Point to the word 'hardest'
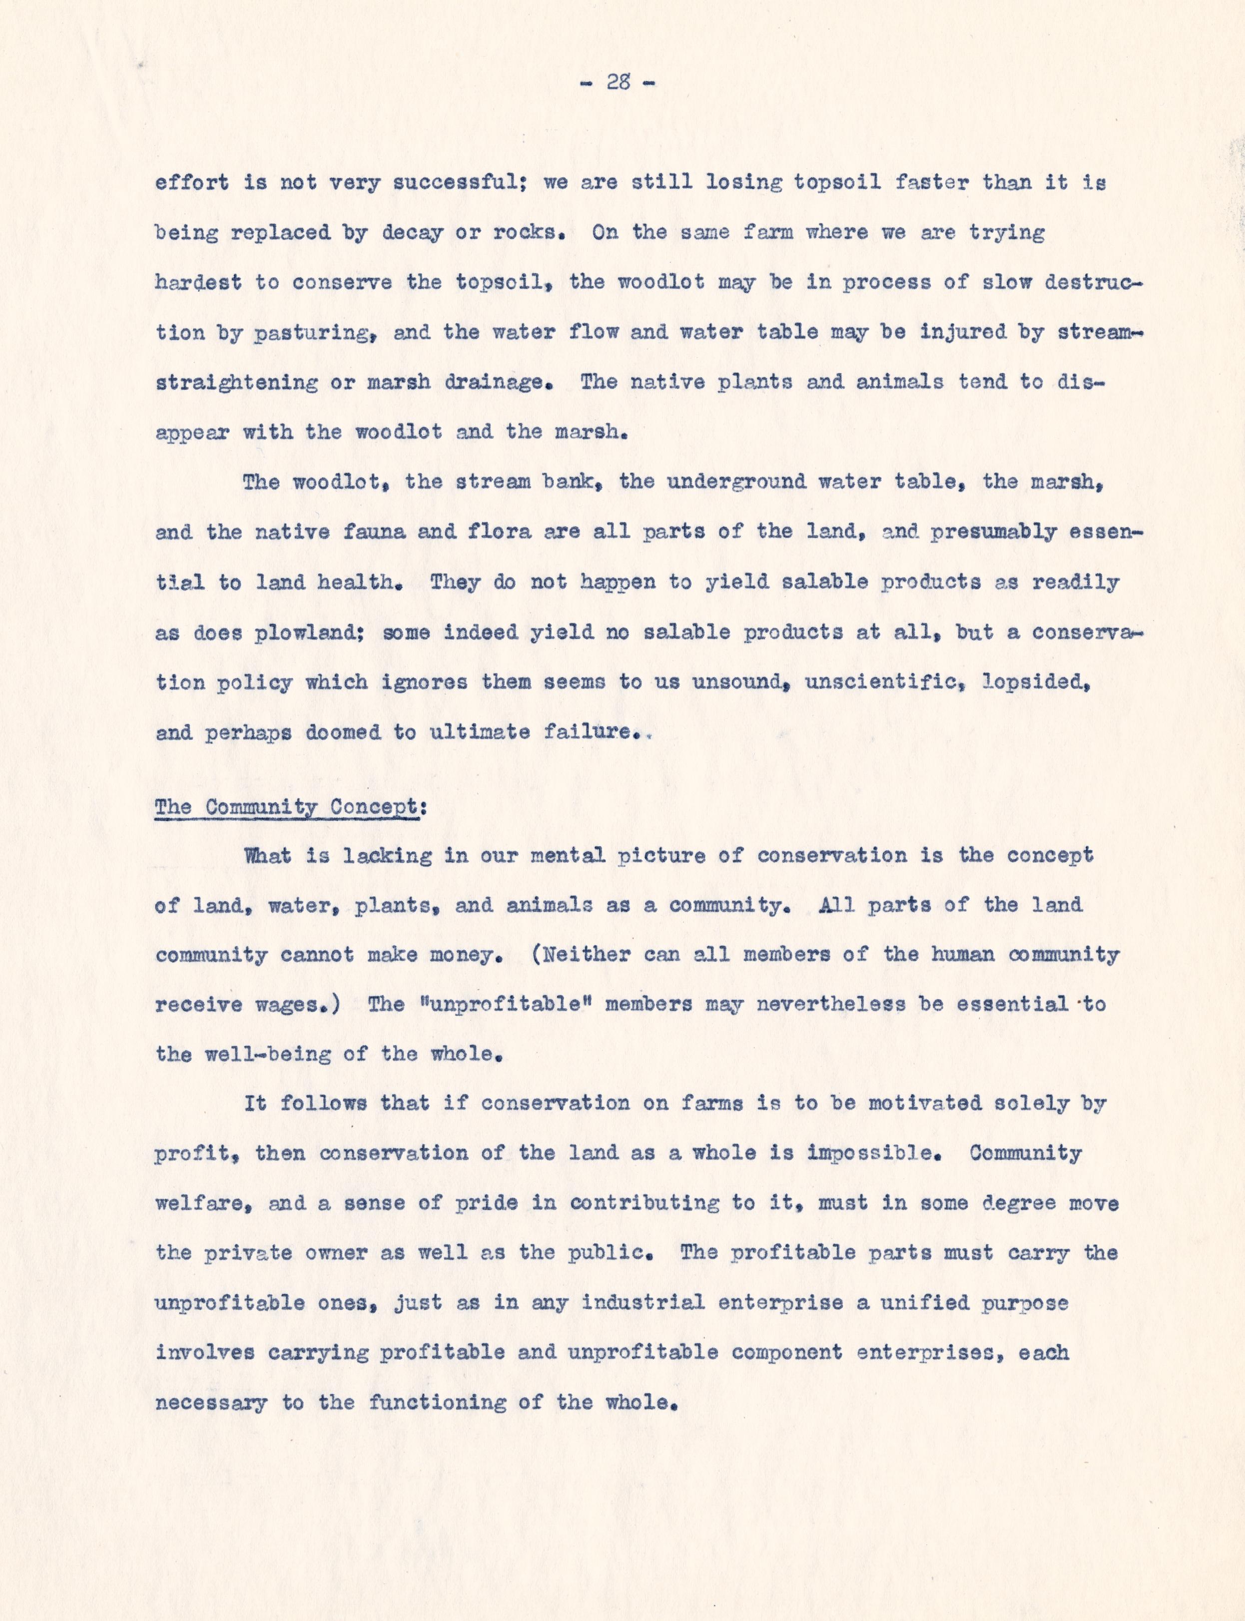198,282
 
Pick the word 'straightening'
236,382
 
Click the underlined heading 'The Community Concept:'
290,807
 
